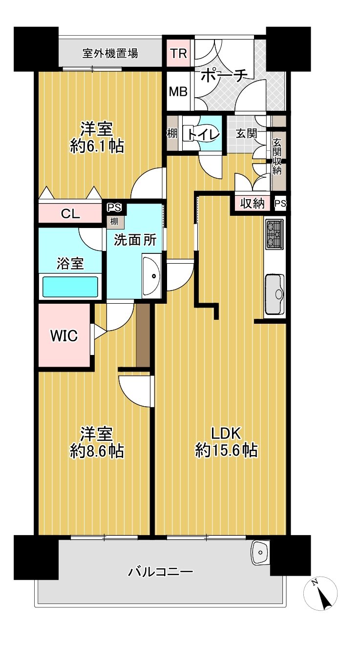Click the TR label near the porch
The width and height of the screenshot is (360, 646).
tap(179, 53)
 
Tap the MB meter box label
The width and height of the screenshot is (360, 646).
tap(178, 91)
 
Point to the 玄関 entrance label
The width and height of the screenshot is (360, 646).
tap(247, 133)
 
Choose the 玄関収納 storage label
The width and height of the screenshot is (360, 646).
tap(277, 156)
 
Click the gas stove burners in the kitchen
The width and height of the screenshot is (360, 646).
tap(275, 234)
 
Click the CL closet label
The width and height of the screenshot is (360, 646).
tap(70, 214)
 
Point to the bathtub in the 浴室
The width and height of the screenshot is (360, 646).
tap(70, 286)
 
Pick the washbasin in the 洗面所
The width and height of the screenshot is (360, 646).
tap(152, 276)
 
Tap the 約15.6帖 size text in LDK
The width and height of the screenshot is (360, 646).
tap(226, 450)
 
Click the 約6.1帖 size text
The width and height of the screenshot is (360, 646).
tap(97, 146)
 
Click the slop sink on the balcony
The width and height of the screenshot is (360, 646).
tap(260, 553)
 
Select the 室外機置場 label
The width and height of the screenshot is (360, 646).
tap(110, 53)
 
